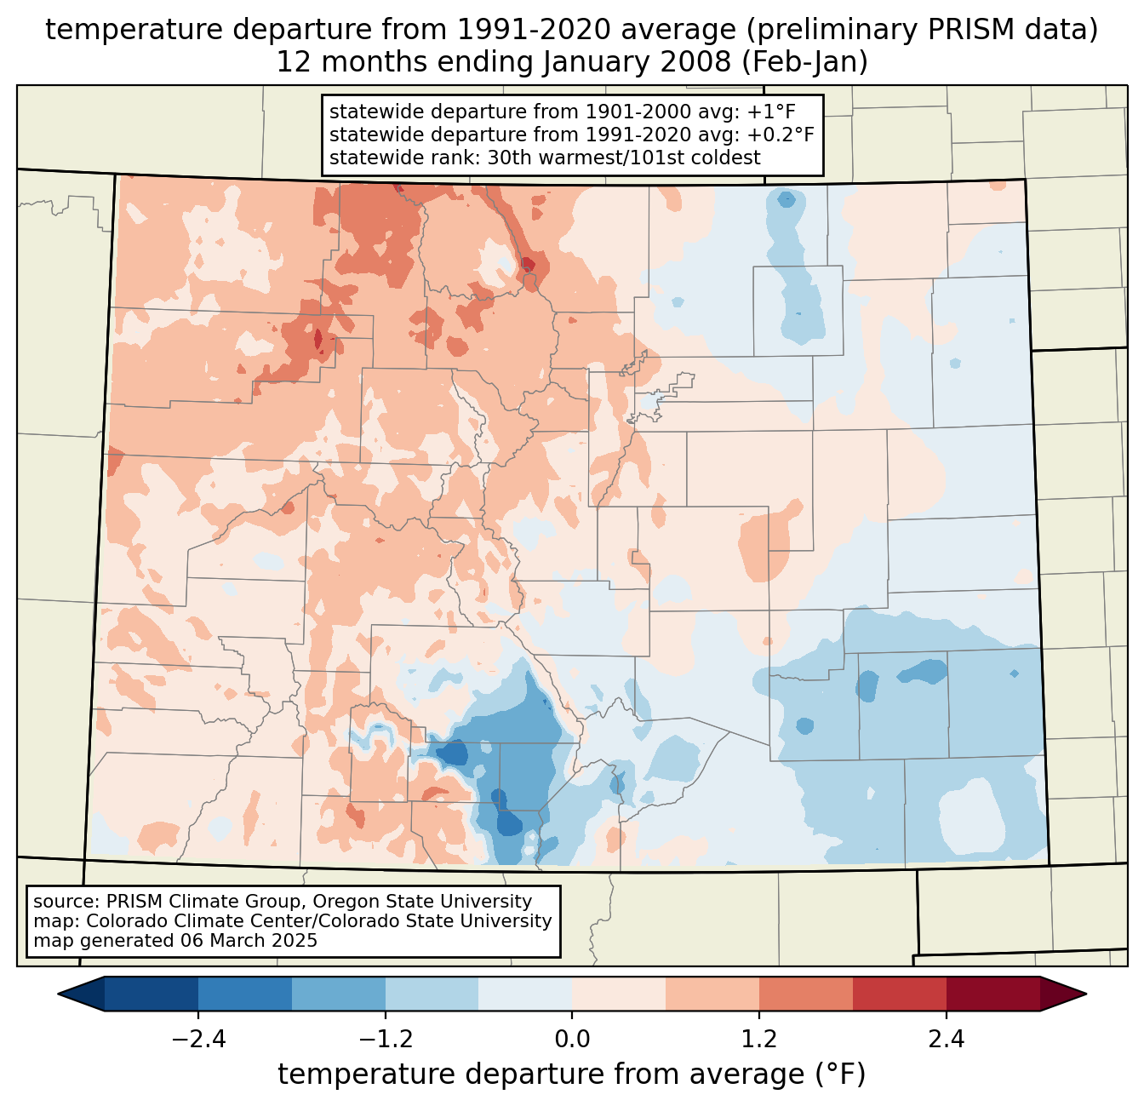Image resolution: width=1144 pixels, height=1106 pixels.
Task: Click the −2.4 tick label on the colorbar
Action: (x=197, y=1040)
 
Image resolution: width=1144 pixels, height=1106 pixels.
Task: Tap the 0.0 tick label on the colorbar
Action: (x=572, y=1040)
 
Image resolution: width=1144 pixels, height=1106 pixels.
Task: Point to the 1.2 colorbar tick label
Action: (x=759, y=1040)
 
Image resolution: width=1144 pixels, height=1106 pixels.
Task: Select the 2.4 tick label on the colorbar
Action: (x=947, y=1040)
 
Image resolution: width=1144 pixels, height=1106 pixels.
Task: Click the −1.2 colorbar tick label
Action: (x=385, y=1040)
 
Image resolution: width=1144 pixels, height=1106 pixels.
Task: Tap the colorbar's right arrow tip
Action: (x=1084, y=994)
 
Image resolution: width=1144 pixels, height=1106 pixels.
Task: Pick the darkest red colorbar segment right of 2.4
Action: (x=992, y=994)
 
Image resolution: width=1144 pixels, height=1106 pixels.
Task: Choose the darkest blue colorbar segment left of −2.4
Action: (x=152, y=994)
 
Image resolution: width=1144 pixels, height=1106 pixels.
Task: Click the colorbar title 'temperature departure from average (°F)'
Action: (x=572, y=1074)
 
